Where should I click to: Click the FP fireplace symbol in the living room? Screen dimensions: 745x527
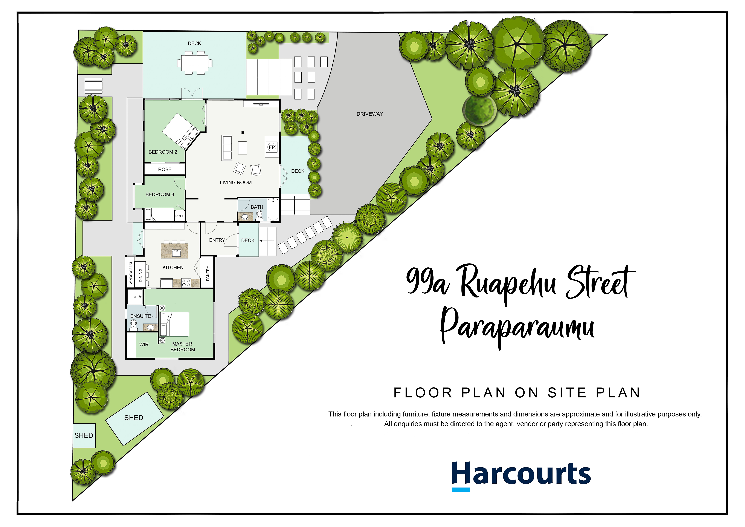click(x=272, y=147)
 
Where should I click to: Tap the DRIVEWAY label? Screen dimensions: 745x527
click(x=370, y=114)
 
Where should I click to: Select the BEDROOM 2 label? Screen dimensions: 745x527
click(x=163, y=152)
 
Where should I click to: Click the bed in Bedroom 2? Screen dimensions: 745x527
click(x=181, y=131)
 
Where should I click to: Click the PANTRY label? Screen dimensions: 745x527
click(x=208, y=273)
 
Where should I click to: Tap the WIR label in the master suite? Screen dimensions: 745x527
click(x=144, y=345)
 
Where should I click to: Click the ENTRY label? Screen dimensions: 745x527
click(x=217, y=240)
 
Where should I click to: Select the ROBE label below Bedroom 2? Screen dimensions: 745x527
click(x=165, y=169)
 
